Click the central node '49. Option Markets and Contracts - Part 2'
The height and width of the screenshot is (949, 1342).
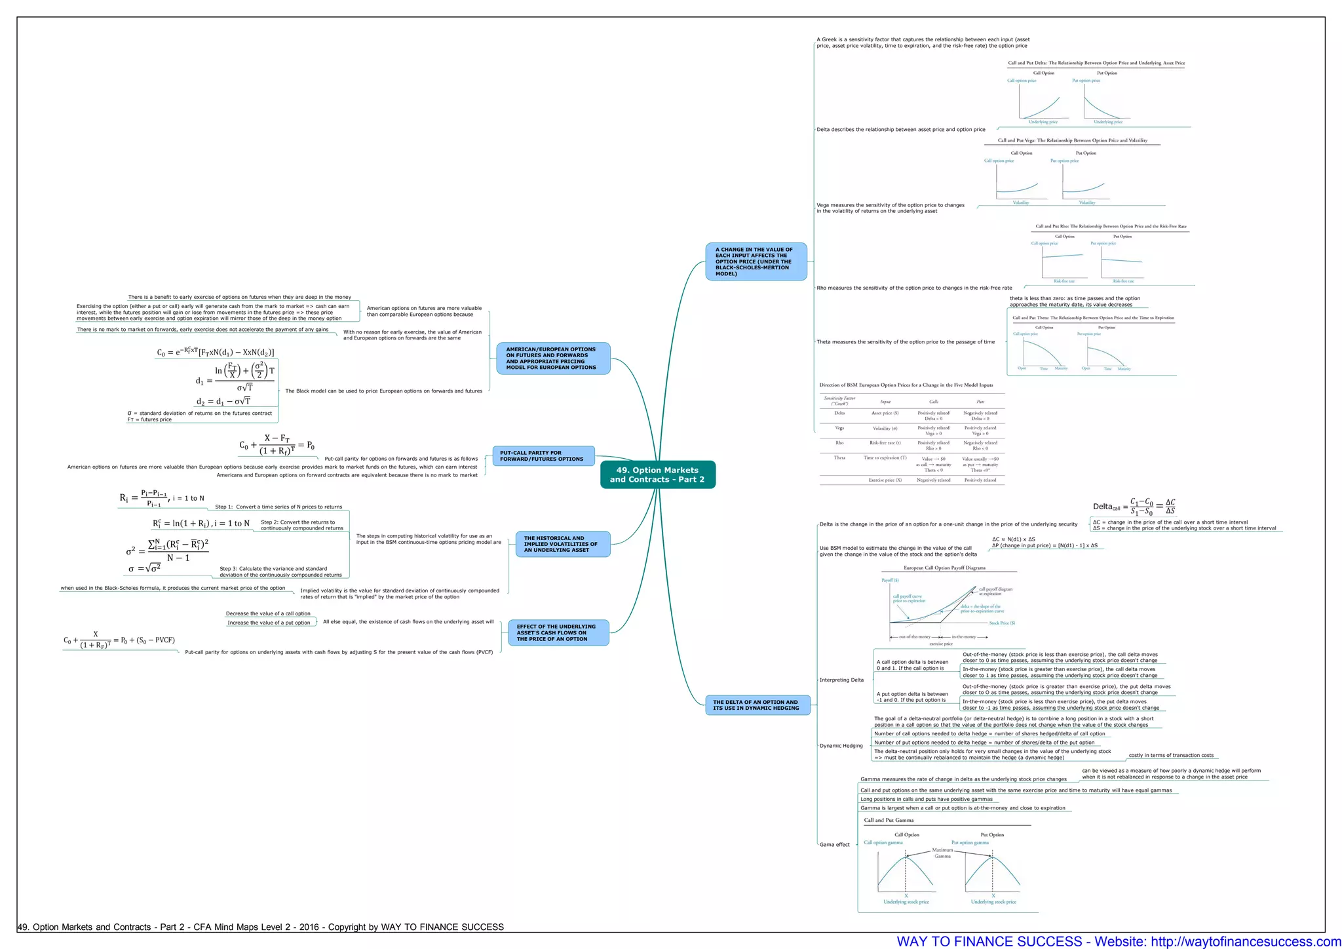pyautogui.click(x=657, y=474)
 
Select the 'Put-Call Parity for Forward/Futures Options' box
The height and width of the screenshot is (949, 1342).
pyautogui.click(x=543, y=455)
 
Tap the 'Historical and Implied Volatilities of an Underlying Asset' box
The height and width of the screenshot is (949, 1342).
pyautogui.click(x=562, y=544)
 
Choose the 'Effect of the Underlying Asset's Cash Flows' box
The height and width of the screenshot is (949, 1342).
pyautogui.click(x=558, y=632)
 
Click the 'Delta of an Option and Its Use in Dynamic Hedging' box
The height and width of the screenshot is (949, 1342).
pyautogui.click(x=757, y=705)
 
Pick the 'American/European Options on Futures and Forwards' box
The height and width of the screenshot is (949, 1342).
pyautogui.click(x=552, y=358)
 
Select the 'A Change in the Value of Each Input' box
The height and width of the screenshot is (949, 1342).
pyautogui.click(x=756, y=261)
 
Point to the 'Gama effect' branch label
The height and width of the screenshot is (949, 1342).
pyautogui.click(x=834, y=844)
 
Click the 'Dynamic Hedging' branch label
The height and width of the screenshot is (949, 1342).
pyautogui.click(x=841, y=746)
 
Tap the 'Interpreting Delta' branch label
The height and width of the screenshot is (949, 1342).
pyautogui.click(x=841, y=680)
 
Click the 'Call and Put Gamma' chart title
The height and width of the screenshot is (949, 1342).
pyautogui.click(x=889, y=820)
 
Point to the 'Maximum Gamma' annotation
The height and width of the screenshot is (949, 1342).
pyautogui.click(x=942, y=853)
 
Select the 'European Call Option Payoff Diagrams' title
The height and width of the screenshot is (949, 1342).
pyautogui.click(x=944, y=568)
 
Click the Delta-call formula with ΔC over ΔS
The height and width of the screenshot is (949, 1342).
pyautogui.click(x=1134, y=506)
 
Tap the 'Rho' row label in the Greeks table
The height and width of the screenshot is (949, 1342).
pyautogui.click(x=839, y=443)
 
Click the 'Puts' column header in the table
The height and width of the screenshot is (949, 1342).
pyautogui.click(x=980, y=402)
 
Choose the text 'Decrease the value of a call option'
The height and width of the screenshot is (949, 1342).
pyautogui.click(x=268, y=613)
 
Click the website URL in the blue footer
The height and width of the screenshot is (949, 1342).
pyautogui.click(x=1246, y=941)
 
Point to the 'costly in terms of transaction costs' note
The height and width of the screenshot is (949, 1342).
pyautogui.click(x=1171, y=755)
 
